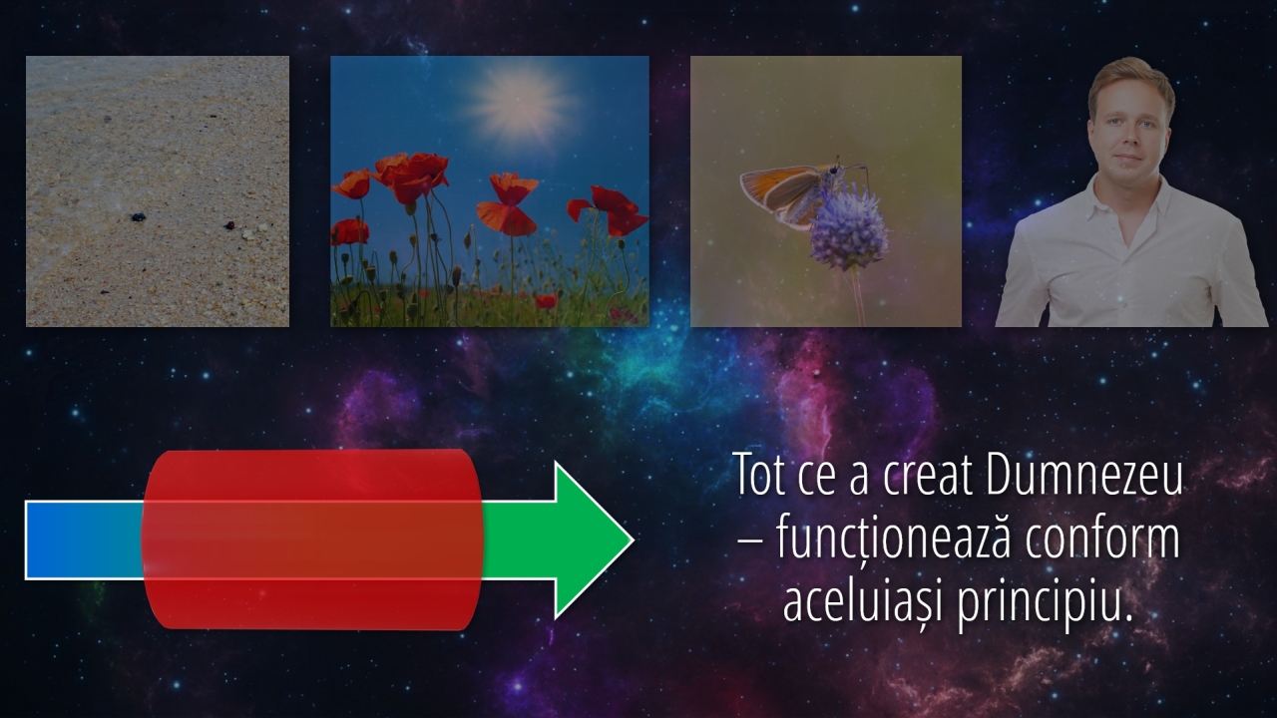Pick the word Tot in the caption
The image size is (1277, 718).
759,476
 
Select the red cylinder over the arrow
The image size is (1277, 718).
312,539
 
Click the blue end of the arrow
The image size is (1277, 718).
84,539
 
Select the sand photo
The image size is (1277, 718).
158,191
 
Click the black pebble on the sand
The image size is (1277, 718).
138,217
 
